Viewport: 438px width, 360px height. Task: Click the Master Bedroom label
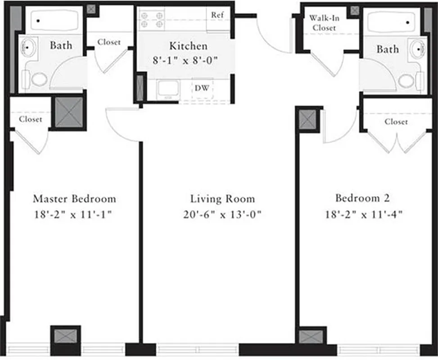click(74, 198)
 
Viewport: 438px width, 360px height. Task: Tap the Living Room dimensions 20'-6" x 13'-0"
click(222, 214)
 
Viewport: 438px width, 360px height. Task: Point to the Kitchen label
click(188, 46)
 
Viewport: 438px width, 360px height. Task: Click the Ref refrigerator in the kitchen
click(217, 15)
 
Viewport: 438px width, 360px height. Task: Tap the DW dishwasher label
click(202, 88)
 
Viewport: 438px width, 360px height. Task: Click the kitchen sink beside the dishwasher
click(168, 89)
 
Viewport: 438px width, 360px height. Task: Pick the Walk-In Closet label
click(322, 22)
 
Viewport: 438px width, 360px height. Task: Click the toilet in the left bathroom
click(39, 80)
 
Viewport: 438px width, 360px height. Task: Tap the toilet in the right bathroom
click(406, 81)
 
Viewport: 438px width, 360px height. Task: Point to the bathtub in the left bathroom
click(54, 21)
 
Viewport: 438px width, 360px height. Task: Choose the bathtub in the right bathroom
click(392, 21)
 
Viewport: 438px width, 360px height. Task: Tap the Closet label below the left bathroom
click(31, 119)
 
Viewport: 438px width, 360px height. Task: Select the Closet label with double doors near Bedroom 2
click(396, 122)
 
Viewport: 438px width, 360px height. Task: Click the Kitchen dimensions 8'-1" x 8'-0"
click(188, 60)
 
